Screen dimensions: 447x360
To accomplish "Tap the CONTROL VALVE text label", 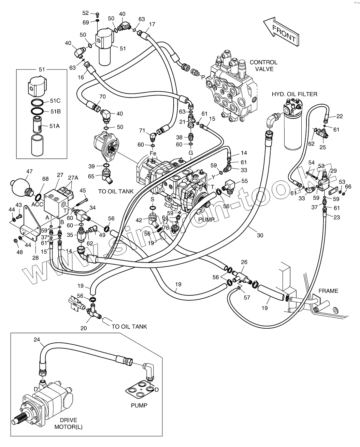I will click(x=263, y=65).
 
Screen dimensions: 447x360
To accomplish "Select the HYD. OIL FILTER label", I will click(x=294, y=94).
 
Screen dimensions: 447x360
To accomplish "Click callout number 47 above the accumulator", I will click(x=29, y=171).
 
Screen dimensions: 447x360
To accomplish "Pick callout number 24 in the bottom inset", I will click(x=37, y=339).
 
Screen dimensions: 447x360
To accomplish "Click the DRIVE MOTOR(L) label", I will click(x=69, y=423).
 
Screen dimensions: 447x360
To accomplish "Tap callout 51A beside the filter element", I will click(x=55, y=126).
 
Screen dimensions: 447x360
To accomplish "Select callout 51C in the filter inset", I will click(x=55, y=101).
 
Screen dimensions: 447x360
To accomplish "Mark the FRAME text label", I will click(x=328, y=291).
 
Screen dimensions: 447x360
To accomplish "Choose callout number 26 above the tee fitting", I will click(x=244, y=262).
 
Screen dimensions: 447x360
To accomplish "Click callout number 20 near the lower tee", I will click(x=84, y=328).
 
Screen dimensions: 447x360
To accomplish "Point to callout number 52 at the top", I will click(x=85, y=13).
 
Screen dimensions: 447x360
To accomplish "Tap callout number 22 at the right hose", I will click(x=339, y=116).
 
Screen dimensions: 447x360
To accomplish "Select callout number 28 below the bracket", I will click(x=35, y=258).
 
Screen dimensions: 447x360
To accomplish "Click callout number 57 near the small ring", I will click(x=247, y=297).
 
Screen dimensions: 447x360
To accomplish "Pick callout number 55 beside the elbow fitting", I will click(x=245, y=181).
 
